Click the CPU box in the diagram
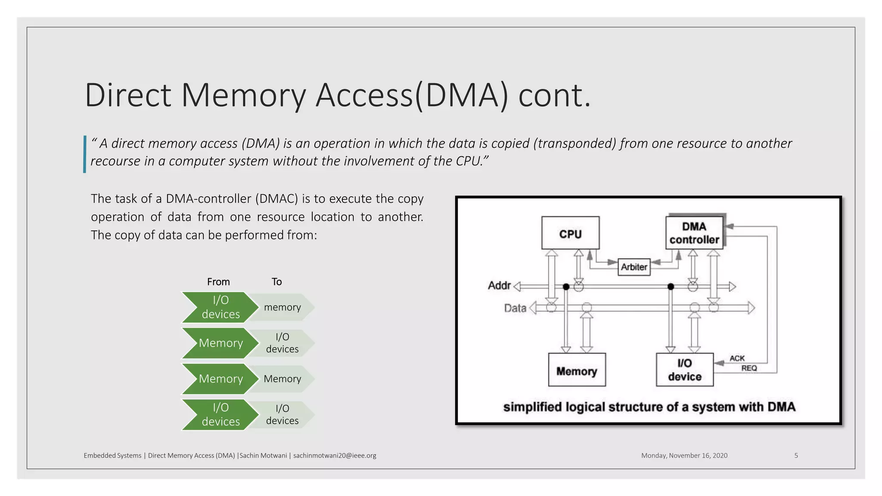(570, 233)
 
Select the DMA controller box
(694, 233)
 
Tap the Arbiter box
(634, 267)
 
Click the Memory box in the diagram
(577, 370)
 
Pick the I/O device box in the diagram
(684, 370)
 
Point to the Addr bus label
(499, 285)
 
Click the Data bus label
(515, 308)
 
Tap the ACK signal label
(737, 358)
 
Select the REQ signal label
(749, 368)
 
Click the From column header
(218, 282)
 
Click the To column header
(276, 282)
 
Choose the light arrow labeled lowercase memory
(283, 307)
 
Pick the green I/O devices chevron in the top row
(220, 307)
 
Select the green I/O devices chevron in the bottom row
(220, 415)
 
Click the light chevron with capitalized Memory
(283, 379)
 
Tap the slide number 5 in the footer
(796, 456)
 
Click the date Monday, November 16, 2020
(684, 456)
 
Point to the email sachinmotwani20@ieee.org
(335, 456)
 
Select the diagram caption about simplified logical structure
(649, 407)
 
